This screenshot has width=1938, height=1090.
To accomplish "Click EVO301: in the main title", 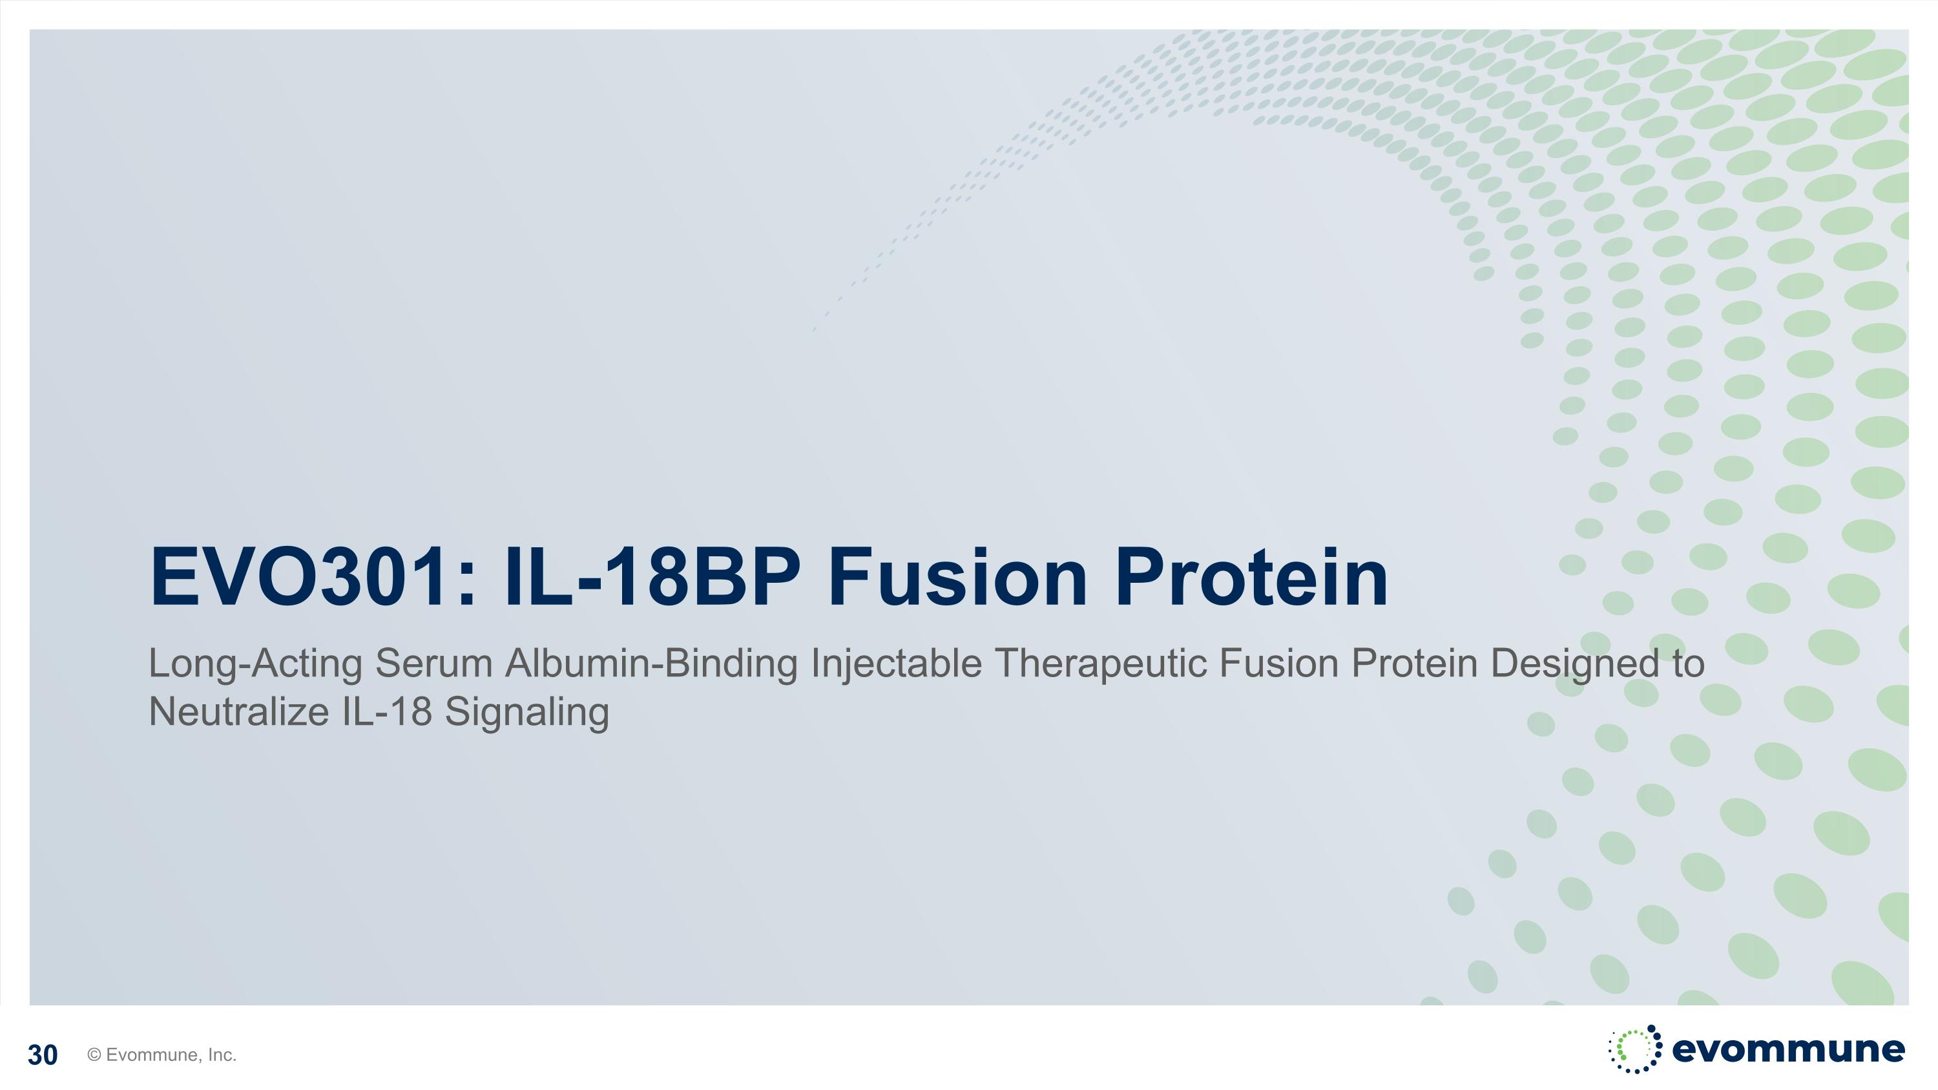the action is pyautogui.click(x=314, y=577).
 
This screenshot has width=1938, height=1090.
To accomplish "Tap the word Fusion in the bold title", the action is pyautogui.click(x=958, y=577).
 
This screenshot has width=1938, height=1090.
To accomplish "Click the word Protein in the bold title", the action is pyautogui.click(x=1251, y=577).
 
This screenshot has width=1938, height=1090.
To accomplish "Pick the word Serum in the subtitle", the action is pyautogui.click(x=433, y=664).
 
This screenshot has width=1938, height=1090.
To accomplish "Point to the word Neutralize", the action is pyautogui.click(x=239, y=711).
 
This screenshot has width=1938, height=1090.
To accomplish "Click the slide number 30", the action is pyautogui.click(x=42, y=1055).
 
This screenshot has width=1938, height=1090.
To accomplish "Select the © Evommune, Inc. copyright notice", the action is pyautogui.click(x=161, y=1054).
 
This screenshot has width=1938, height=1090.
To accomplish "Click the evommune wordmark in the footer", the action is pyautogui.click(x=1788, y=1049).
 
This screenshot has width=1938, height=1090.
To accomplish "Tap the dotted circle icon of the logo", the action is pyautogui.click(x=1635, y=1049).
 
